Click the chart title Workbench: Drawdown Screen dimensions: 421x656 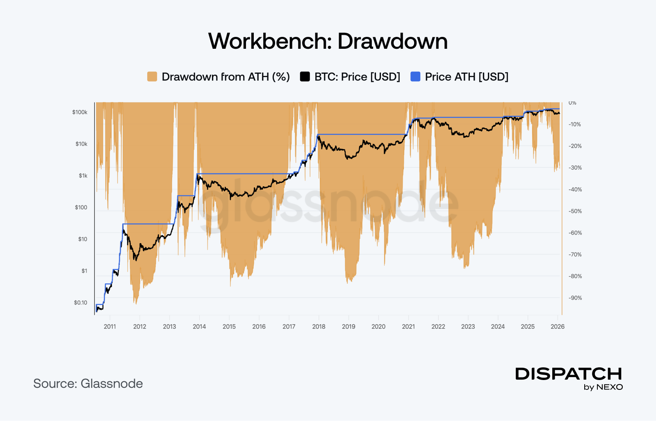click(328, 41)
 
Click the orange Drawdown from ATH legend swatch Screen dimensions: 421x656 click(152, 77)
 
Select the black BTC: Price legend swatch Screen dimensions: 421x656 click(305, 77)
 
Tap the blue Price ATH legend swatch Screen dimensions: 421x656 click(415, 77)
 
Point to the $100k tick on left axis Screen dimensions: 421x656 click(80, 112)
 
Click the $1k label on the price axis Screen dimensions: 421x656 click(83, 176)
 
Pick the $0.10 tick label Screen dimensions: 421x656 click(80, 303)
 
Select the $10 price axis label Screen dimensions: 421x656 click(82, 239)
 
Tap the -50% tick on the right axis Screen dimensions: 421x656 click(575, 211)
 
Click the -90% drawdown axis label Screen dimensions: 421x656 click(575, 298)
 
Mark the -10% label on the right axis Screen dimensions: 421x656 click(575, 124)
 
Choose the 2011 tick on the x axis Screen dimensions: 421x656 click(110, 327)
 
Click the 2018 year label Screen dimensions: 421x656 click(319, 327)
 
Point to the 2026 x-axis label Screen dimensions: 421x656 click(557, 327)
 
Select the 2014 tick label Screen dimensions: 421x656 click(199, 327)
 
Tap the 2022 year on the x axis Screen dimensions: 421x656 click(438, 327)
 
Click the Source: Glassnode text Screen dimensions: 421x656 click(88, 384)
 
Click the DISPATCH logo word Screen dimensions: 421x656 click(569, 374)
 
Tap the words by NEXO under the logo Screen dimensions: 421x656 click(603, 387)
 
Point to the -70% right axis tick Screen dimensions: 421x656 click(575, 255)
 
